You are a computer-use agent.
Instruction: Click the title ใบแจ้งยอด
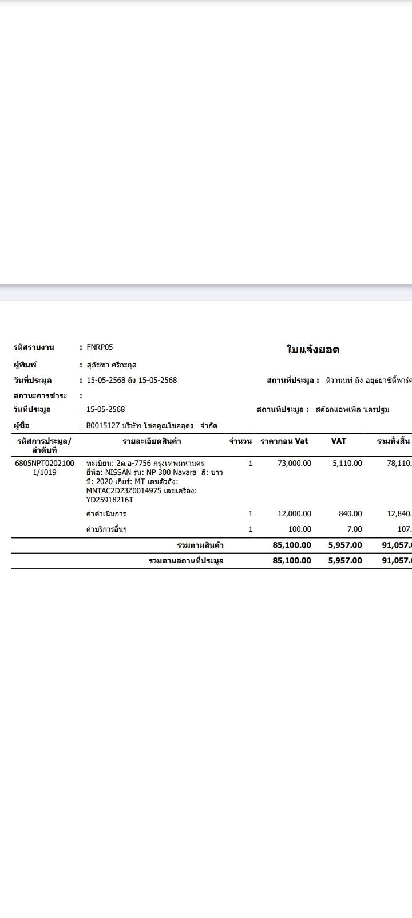pos(312,350)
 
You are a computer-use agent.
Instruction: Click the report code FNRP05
pos(100,347)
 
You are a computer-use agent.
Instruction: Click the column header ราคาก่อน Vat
pos(284,441)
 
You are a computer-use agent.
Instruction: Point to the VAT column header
pos(338,441)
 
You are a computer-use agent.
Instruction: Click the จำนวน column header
pos(240,441)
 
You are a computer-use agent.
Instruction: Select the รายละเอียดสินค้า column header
pos(152,441)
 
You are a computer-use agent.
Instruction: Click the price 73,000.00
pos(294,463)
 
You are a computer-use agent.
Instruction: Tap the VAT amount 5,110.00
pos(347,463)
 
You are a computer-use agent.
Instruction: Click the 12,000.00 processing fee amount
pos(294,513)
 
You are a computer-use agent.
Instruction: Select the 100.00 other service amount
pos(299,529)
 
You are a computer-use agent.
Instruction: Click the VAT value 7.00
pos(354,529)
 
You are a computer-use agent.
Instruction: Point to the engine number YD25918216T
pos(109,500)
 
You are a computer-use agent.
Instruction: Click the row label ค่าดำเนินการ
pos(106,513)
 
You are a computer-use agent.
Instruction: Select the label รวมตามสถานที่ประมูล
pos(186,560)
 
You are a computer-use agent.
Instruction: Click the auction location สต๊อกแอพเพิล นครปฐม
pos(352,409)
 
